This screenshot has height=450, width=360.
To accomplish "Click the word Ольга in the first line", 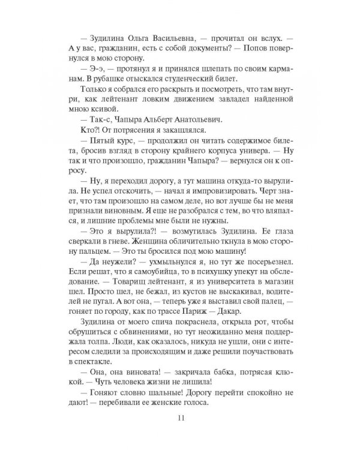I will click(127, 37).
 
